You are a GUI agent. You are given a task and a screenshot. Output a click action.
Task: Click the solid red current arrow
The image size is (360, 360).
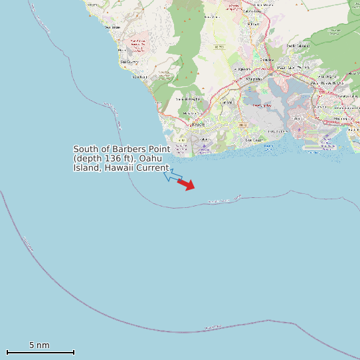coord(187,185)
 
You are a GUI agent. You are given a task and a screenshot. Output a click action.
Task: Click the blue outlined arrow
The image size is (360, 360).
coord(172,176)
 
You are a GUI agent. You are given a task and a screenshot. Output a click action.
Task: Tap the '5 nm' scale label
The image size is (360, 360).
coord(39,345)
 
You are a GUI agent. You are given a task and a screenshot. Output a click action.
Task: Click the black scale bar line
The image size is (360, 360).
coord(40,352)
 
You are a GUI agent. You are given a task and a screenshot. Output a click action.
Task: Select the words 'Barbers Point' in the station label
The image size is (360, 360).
coord(139,149)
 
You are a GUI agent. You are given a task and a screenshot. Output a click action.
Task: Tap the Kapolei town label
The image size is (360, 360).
coord(198,124)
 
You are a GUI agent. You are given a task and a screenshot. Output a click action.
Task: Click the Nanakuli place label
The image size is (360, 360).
coord(139,77)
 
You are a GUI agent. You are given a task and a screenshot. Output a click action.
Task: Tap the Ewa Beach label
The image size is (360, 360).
coord(254,140)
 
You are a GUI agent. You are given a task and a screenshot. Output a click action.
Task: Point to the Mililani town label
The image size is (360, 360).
coord(253,23)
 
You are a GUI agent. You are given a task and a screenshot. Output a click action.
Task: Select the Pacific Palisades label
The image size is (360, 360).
coord(299,46)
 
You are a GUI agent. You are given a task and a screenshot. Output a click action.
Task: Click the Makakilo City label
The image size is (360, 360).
coord(188,99)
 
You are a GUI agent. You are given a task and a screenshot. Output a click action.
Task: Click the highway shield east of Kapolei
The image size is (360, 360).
coord(243,125)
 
